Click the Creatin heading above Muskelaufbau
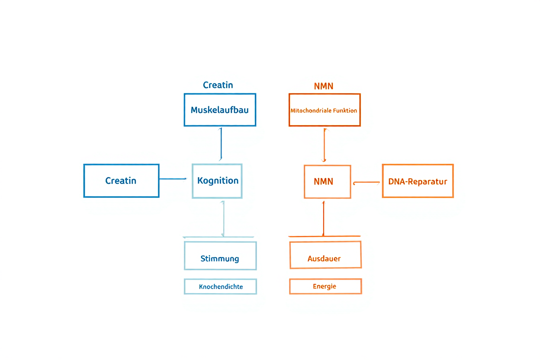218,85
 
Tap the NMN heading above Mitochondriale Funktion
324,86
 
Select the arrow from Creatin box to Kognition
173,179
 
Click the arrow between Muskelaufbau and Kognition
221,144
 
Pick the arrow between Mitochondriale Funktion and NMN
325,145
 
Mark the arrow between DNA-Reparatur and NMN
366,183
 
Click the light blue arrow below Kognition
223,219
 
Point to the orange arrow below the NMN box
324,218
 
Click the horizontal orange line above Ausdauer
325,236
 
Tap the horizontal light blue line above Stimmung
219,237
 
